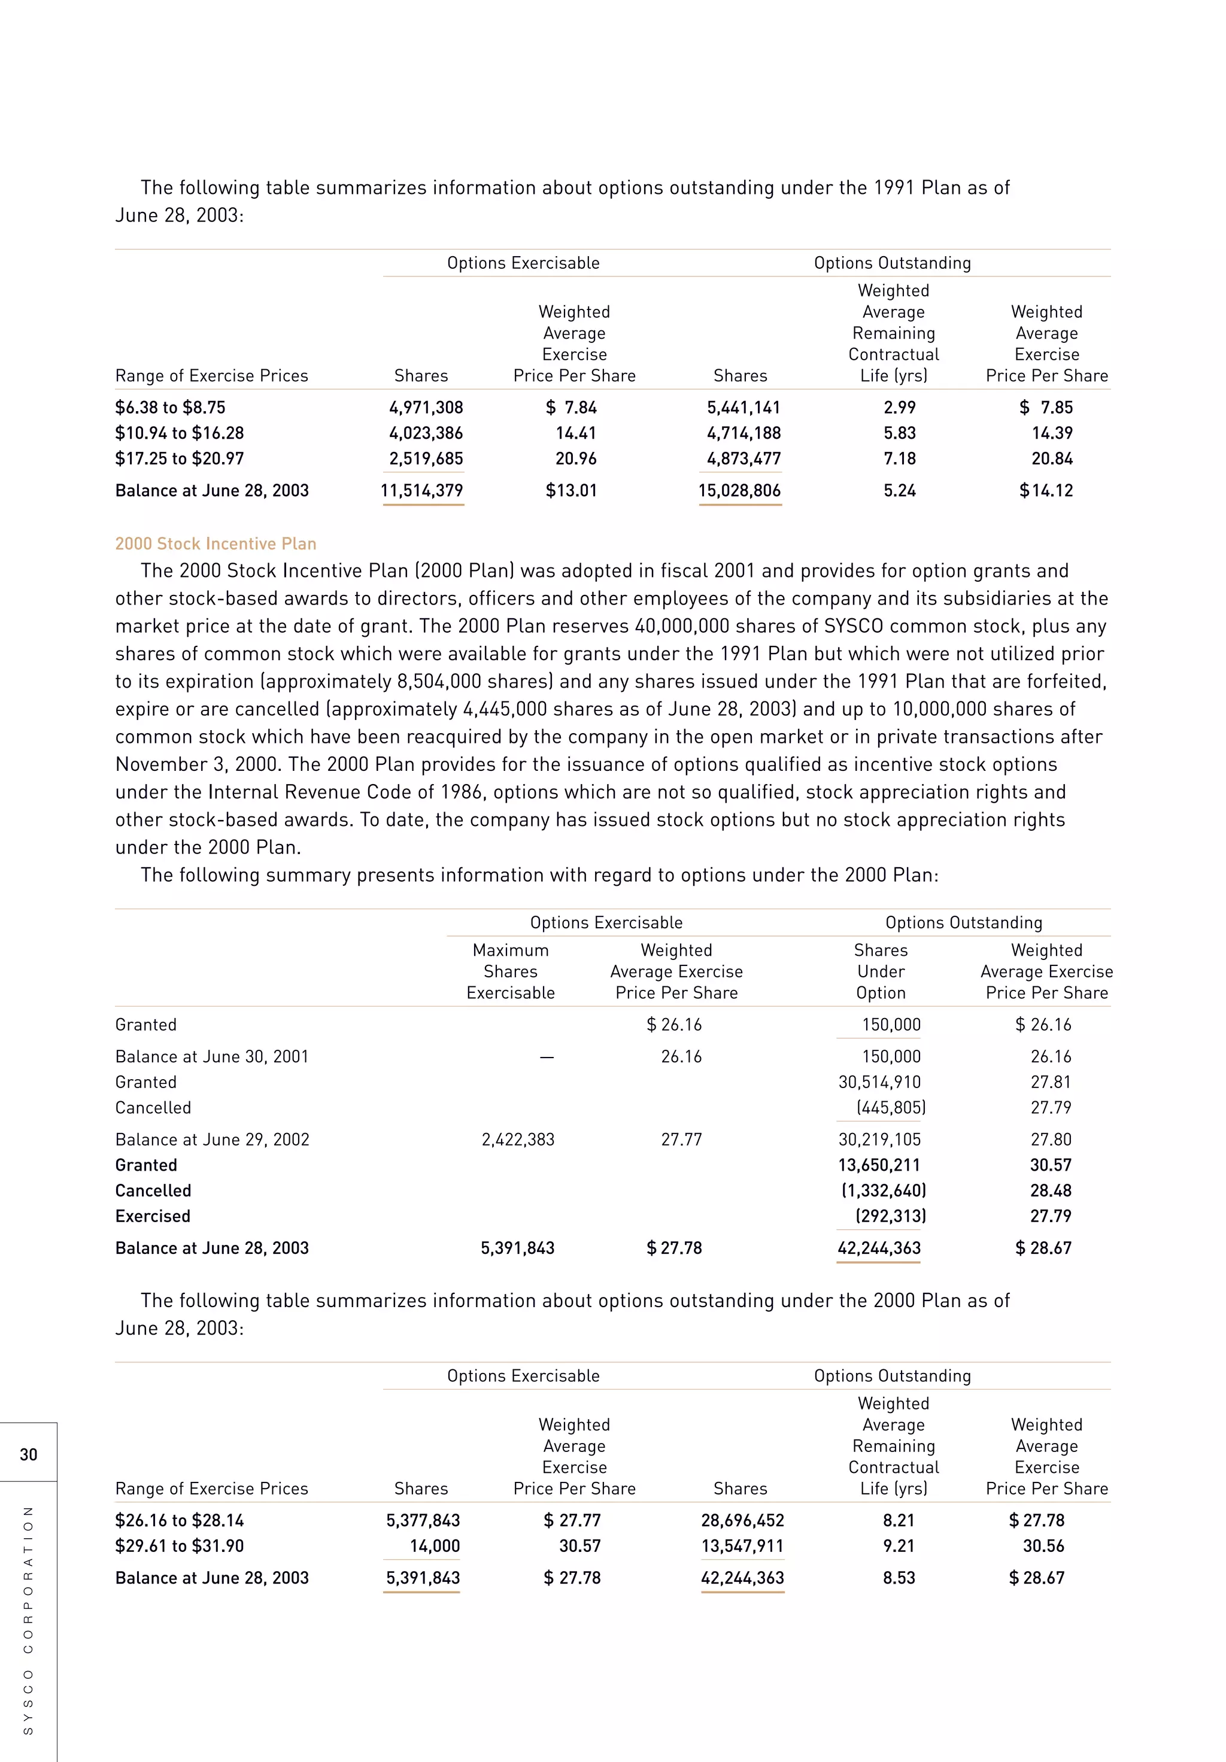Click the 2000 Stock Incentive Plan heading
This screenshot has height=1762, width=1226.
216,543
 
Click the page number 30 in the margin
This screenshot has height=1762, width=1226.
28,1454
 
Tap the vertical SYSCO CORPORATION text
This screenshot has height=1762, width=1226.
28,1620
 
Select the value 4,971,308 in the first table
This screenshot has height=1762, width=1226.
426,408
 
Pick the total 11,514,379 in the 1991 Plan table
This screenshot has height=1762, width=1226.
422,490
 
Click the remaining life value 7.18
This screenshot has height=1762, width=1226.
899,459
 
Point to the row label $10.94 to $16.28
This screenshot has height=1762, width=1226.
179,433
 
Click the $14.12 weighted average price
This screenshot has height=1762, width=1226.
1046,490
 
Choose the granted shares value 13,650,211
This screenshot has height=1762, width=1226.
879,1165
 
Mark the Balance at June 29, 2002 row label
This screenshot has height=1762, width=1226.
212,1140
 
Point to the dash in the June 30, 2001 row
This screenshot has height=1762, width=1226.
546,1058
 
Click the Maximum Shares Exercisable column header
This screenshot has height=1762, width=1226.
511,971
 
